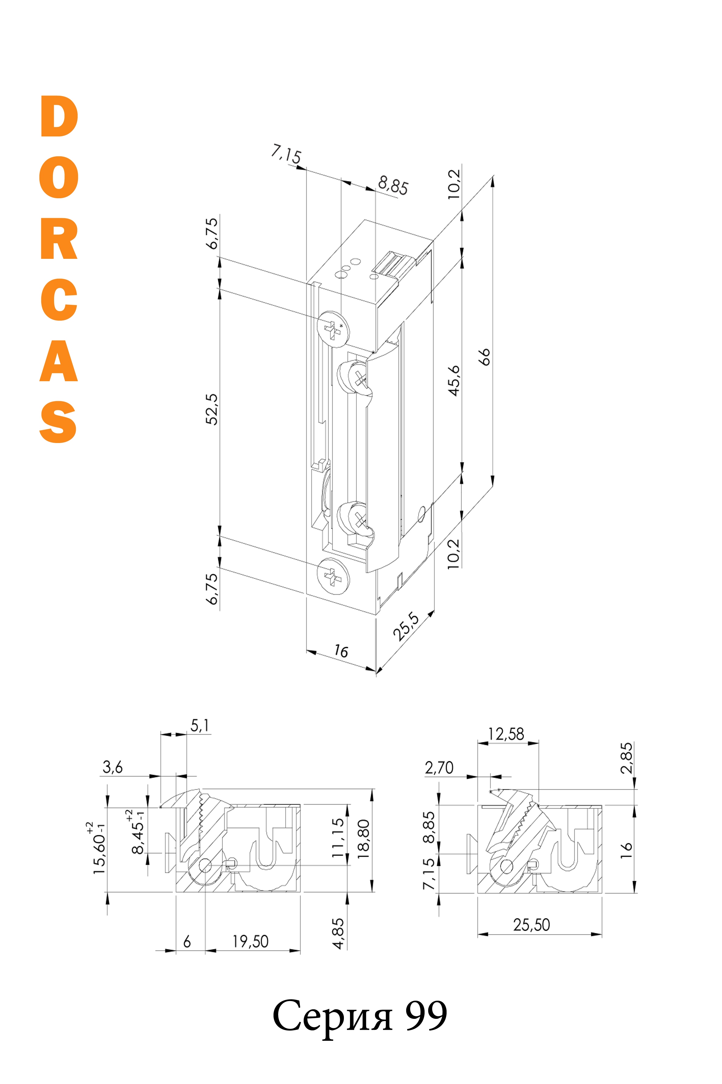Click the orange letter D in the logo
coord(59,116)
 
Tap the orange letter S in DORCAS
coord(58,422)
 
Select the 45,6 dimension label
coord(454,381)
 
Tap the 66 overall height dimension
coord(484,357)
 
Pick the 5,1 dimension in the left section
coord(200,726)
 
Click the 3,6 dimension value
coord(113,767)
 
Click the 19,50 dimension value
coord(250,941)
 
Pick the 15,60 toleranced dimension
coord(98,848)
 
